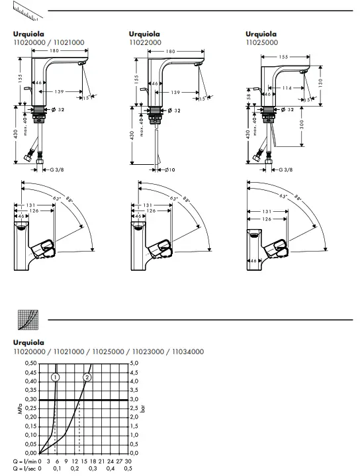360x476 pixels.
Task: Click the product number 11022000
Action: coord(145,42)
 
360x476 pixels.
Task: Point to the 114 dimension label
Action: coord(287,88)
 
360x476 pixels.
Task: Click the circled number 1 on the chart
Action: coord(56,377)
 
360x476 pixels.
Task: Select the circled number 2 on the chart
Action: coord(87,377)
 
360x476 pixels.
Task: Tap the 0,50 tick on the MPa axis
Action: coord(30,363)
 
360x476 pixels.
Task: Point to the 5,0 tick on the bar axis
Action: coord(134,363)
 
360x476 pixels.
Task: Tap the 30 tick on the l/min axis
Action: coord(128,460)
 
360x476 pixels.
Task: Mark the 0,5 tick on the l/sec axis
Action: coord(128,468)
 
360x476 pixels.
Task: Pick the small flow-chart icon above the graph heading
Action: coord(26,320)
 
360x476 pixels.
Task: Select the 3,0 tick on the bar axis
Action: coord(134,399)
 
